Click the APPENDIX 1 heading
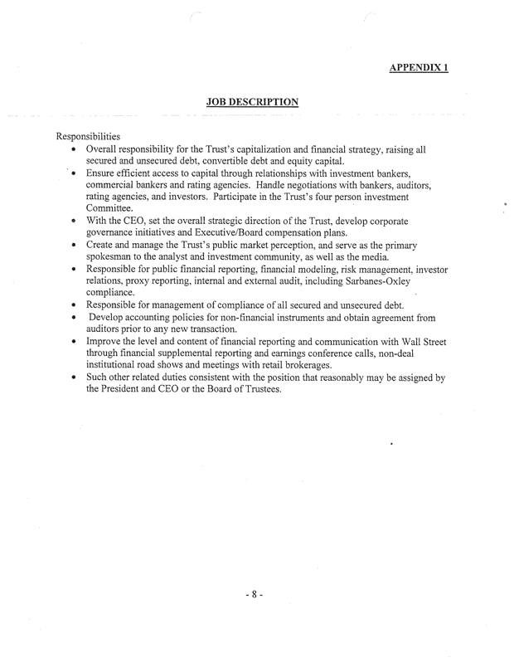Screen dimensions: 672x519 (419, 66)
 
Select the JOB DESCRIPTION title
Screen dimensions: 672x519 (252, 102)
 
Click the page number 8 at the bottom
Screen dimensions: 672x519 (256, 594)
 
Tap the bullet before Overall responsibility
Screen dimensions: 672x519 (75, 150)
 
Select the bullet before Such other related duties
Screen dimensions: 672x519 (75, 378)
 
